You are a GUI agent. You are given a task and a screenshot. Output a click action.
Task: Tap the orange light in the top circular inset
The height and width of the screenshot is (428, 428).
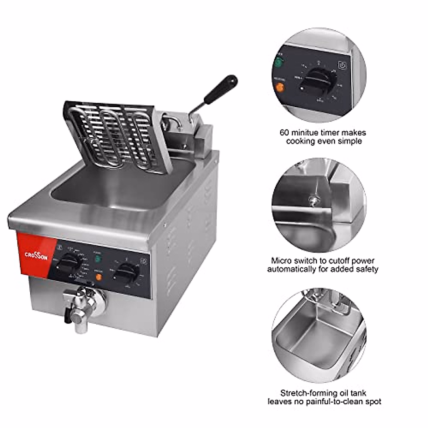pos(280,87)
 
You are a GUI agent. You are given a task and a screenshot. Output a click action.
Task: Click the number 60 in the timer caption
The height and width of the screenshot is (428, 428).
pos(284,133)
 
